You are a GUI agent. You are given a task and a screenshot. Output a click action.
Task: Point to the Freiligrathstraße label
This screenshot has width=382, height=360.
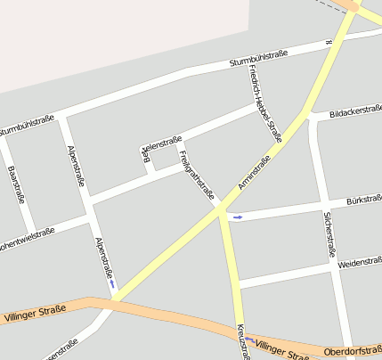[197, 176]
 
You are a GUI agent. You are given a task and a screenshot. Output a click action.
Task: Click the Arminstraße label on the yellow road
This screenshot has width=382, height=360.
[255, 173]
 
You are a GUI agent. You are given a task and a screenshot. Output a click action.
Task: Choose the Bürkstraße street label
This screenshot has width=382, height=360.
[363, 200]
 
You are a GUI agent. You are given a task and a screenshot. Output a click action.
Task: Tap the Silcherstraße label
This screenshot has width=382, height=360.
[329, 233]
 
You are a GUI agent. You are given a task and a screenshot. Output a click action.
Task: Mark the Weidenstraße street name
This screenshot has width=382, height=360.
[360, 263]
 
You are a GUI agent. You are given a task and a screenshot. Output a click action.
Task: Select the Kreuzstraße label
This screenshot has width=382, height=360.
[243, 342]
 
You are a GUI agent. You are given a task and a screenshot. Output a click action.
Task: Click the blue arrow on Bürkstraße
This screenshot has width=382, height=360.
[237, 217]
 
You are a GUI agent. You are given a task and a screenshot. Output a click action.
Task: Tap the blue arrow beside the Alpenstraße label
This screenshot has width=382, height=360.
[112, 285]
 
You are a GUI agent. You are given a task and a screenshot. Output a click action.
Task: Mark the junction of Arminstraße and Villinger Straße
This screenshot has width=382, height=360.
[112, 301]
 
